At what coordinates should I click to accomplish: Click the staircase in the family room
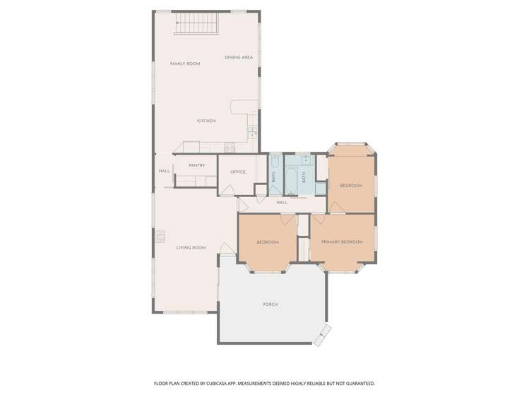click(196, 25)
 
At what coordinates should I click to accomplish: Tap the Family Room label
click(185, 64)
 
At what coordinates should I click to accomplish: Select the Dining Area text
click(239, 57)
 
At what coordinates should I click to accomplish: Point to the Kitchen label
click(206, 122)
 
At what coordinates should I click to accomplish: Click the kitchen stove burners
click(229, 147)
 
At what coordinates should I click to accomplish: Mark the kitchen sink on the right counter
click(252, 131)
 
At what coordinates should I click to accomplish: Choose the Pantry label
click(197, 166)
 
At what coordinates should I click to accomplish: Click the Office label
click(238, 172)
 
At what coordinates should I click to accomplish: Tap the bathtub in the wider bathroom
click(292, 178)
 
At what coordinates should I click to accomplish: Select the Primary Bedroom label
click(342, 242)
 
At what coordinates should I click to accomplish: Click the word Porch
click(270, 304)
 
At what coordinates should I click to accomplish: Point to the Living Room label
click(191, 248)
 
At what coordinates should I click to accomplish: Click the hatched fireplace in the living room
click(160, 236)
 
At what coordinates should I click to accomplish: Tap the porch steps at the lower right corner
click(321, 335)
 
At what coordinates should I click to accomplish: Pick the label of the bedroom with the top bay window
click(351, 186)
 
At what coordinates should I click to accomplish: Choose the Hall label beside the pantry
click(164, 171)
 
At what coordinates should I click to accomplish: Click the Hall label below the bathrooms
click(282, 203)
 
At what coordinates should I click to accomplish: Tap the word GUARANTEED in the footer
click(358, 384)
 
